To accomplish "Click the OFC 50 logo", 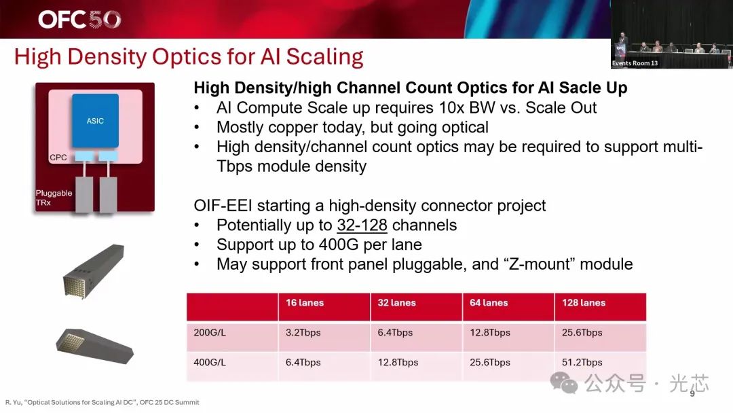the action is click(x=79, y=19).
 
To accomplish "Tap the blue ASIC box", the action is click(x=95, y=121).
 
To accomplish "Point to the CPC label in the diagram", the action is click(x=58, y=158).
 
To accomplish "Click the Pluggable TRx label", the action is click(x=54, y=198).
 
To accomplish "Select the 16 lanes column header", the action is click(x=305, y=302).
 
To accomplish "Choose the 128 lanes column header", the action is click(x=584, y=302).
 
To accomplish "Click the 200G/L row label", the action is click(x=210, y=333).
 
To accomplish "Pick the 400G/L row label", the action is click(x=210, y=363).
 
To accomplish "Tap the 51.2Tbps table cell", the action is click(x=582, y=363).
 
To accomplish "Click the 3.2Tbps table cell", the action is click(x=303, y=333).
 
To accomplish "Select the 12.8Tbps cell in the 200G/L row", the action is click(x=490, y=333).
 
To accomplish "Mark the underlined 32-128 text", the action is click(x=362, y=225).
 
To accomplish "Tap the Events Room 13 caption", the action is click(x=635, y=63).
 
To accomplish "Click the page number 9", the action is click(x=692, y=394).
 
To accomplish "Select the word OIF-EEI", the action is click(x=223, y=205).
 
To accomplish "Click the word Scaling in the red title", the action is click(x=324, y=57).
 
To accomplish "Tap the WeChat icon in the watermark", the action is click(x=564, y=382).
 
